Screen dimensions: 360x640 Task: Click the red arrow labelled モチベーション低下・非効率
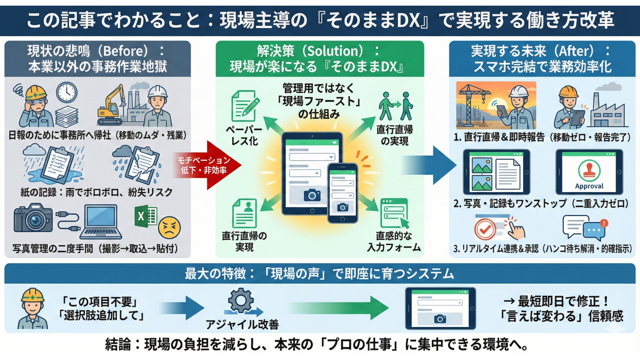[207, 165]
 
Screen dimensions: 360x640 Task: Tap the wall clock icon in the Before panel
[67, 92]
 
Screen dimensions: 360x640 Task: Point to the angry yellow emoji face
[169, 228]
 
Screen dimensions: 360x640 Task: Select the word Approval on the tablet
[589, 186]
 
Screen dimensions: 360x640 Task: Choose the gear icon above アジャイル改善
[241, 300]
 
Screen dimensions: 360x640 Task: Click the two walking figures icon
[395, 106]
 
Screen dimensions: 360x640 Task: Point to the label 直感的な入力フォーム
[394, 242]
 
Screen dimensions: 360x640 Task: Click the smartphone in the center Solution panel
[342, 193]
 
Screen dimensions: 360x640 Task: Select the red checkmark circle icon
[485, 229]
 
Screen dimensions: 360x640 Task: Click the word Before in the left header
[125, 51]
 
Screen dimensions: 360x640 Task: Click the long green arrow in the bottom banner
[337, 308]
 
